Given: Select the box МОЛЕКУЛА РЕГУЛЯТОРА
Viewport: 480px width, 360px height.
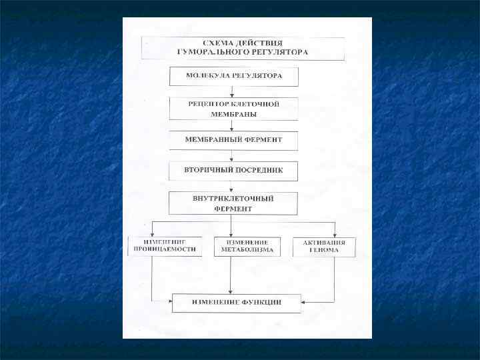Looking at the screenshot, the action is point(233,75).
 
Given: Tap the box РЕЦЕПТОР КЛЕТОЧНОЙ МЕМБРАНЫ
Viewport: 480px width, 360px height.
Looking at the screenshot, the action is point(233,109).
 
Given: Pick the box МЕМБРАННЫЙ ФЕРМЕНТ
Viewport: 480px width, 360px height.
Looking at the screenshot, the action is point(233,140).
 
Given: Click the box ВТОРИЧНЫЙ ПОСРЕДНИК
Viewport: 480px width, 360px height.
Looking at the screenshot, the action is point(233,171).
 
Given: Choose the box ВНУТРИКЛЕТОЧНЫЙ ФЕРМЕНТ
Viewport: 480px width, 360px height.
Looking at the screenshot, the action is point(233,203).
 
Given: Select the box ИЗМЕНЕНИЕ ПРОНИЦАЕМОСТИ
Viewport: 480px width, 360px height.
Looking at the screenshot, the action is point(165,246).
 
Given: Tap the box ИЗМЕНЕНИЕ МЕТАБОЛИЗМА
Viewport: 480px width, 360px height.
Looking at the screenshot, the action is point(243,246).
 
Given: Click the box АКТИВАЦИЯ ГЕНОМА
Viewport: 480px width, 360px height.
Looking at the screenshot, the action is point(324,247).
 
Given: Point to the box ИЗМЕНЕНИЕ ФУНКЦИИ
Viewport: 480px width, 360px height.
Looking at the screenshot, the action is point(237,303).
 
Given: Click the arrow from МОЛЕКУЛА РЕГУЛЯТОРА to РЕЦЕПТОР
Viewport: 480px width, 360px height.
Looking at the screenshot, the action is point(231,91).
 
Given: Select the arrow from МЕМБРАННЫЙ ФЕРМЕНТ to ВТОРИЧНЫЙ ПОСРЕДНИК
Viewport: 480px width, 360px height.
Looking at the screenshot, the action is point(231,155).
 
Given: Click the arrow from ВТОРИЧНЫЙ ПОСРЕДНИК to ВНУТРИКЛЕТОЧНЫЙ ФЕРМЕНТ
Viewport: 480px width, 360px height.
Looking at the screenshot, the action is point(231,186).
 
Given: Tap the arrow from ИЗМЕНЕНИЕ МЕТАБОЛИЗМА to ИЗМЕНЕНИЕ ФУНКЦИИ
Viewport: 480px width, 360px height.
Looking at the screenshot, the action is point(231,275).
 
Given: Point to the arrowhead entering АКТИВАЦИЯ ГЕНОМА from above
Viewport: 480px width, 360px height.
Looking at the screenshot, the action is point(335,233).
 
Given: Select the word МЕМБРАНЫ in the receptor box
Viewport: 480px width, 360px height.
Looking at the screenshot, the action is point(234,114).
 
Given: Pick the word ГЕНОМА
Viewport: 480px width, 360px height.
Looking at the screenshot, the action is point(324,251).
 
